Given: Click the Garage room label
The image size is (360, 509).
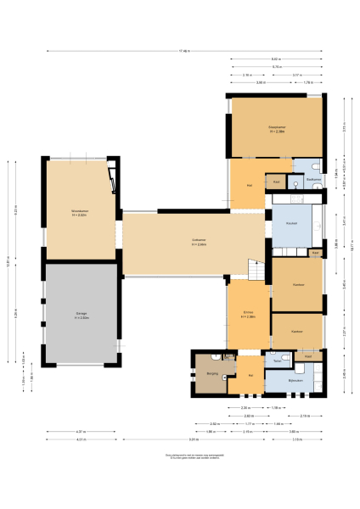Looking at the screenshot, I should click(x=81, y=314).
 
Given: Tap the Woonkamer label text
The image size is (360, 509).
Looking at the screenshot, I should click(x=81, y=213).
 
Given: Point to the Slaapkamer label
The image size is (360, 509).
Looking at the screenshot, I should click(x=276, y=130).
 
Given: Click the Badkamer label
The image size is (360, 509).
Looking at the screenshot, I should click(x=312, y=179).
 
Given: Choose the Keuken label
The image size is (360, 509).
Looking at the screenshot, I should click(x=291, y=223).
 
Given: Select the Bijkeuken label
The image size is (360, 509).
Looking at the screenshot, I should click(x=295, y=382).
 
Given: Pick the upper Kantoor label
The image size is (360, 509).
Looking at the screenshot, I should click(x=298, y=284).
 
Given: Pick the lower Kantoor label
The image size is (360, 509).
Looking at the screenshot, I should click(x=297, y=331).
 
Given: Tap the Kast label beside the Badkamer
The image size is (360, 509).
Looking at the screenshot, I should click(x=277, y=181).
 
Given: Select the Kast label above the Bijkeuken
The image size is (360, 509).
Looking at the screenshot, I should click(x=307, y=356).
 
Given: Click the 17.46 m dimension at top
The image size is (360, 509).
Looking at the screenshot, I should click(x=184, y=51).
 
